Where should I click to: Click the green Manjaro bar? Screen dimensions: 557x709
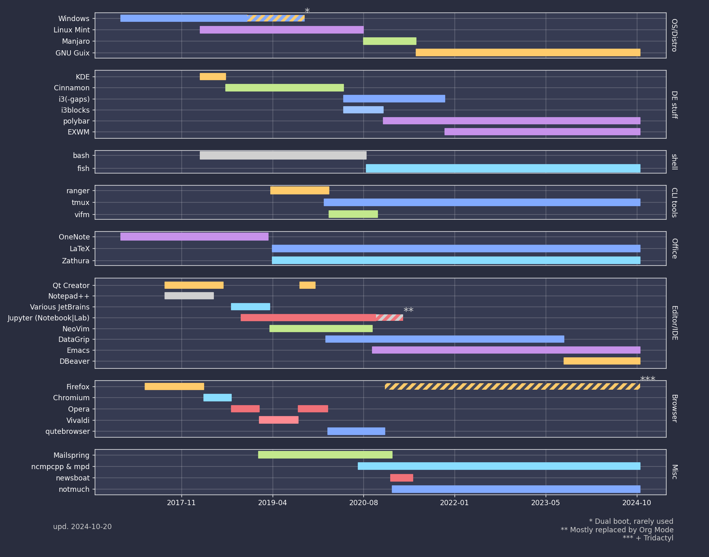pyautogui.click(x=389, y=41)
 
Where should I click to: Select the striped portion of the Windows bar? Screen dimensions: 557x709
pyautogui.click(x=275, y=18)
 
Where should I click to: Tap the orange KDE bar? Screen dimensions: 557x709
pyautogui.click(x=213, y=77)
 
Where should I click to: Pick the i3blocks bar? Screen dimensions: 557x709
pyautogui.click(x=363, y=110)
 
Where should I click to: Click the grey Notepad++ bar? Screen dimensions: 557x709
pyautogui.click(x=189, y=296)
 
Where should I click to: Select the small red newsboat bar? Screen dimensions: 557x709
pyautogui.click(x=401, y=478)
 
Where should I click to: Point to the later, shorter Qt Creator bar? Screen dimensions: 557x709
pyautogui.click(x=307, y=285)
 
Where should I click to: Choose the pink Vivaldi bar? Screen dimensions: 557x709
pyautogui.click(x=278, y=420)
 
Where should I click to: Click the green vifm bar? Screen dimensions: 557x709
pyautogui.click(x=353, y=214)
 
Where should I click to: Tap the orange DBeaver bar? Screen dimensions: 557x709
pyautogui.click(x=602, y=361)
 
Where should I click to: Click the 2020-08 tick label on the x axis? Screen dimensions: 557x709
pyautogui.click(x=363, y=503)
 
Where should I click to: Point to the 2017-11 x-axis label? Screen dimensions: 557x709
pyautogui.click(x=181, y=503)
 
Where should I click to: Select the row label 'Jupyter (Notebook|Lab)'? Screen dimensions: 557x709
pyautogui.click(x=49, y=318)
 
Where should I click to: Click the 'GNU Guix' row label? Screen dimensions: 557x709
pyautogui.click(x=73, y=53)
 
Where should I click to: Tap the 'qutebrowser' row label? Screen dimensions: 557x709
pyautogui.click(x=67, y=431)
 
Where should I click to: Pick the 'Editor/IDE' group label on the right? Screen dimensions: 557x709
pyautogui.click(x=674, y=323)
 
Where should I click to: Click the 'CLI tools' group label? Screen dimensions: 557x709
pyautogui.click(x=674, y=203)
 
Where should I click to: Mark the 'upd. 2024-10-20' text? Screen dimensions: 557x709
pyautogui.click(x=82, y=527)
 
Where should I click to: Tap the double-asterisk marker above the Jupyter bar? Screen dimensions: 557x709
pyautogui.click(x=408, y=311)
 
